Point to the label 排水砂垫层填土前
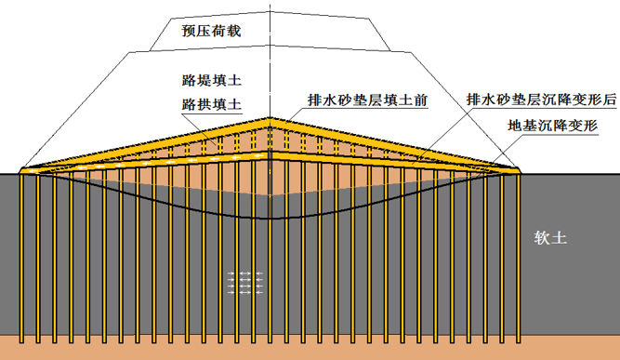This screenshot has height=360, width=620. tap(366, 100)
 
